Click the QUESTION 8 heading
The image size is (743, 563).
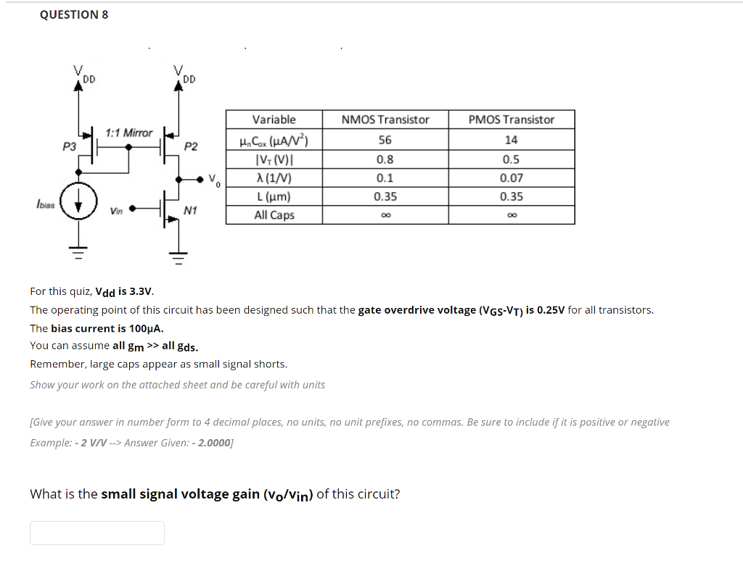[74, 14]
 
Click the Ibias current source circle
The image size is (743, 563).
[78, 197]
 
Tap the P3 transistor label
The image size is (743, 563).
[69, 146]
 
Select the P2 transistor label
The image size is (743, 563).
[191, 146]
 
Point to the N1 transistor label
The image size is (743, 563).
[191, 211]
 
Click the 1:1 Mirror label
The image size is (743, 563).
[129, 133]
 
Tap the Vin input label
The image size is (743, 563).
[116, 211]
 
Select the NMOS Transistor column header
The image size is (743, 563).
[385, 120]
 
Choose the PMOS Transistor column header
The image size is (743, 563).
[512, 120]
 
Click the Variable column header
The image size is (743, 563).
[274, 120]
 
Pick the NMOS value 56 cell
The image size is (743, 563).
[385, 141]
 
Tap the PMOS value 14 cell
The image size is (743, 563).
[512, 141]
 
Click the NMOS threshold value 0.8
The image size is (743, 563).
[385, 159]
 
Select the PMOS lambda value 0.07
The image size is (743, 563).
[512, 178]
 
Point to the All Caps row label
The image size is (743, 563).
[274, 215]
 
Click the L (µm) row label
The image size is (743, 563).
[274, 196]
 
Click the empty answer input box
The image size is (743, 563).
[97, 533]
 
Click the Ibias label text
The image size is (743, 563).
[45, 205]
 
